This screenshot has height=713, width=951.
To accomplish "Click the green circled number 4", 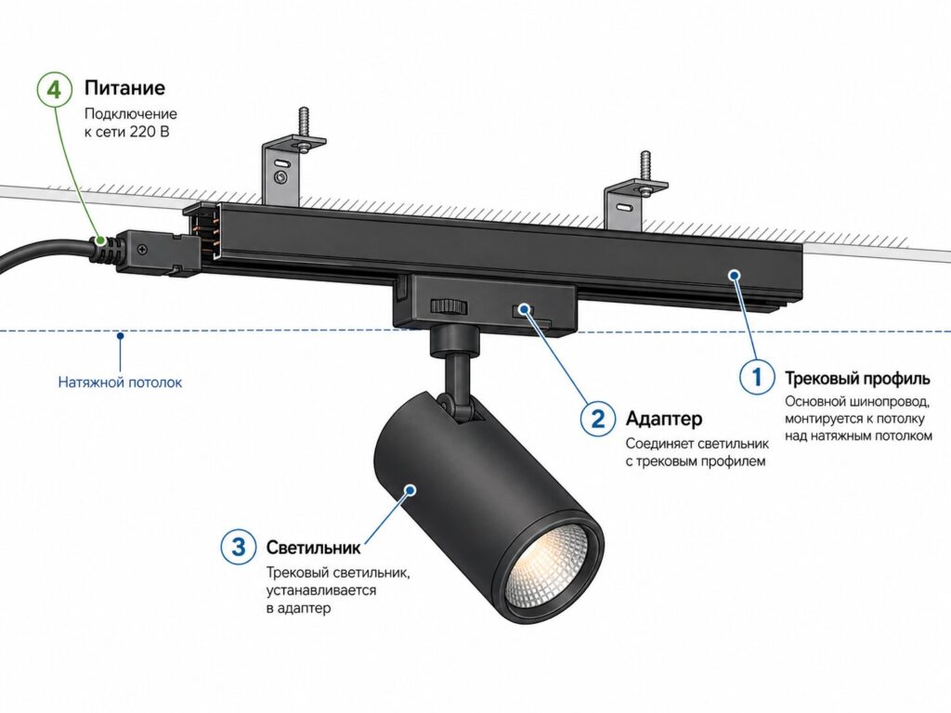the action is [x=55, y=90].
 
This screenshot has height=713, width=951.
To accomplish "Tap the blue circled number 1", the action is [x=757, y=377].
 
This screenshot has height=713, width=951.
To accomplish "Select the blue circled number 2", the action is [x=598, y=419].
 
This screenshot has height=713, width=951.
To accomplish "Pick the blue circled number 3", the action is [x=239, y=547].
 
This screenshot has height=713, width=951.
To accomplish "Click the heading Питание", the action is [x=124, y=88].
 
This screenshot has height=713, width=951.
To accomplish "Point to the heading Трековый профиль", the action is [x=857, y=379].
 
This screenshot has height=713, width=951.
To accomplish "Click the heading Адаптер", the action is [x=664, y=419].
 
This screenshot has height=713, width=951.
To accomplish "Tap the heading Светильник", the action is [x=313, y=548].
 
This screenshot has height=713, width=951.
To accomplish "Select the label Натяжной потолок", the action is [x=120, y=382].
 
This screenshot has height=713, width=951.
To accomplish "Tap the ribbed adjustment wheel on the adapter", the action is [x=449, y=306].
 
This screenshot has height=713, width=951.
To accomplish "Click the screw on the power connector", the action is [x=142, y=248].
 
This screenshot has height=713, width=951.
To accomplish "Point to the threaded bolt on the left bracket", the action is [x=303, y=125].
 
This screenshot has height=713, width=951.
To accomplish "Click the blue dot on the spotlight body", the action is [x=410, y=489].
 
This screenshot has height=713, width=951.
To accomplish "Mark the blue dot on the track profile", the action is [x=735, y=275].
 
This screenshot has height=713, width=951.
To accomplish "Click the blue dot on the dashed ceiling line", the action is [x=120, y=334].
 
